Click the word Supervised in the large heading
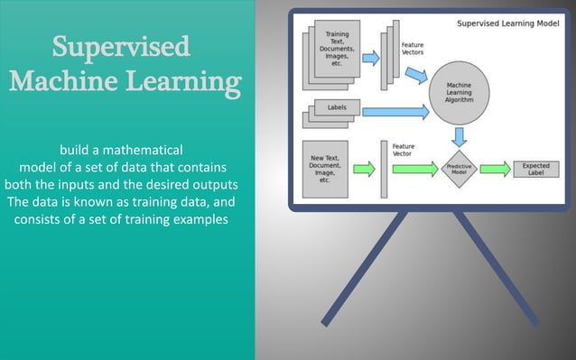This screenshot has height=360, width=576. (121, 46)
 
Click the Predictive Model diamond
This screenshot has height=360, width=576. (460, 169)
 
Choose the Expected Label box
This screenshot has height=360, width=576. (535, 169)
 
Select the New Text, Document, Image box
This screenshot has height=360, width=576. (323, 169)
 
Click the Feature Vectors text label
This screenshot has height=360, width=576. (412, 48)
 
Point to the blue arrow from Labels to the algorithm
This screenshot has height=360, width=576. (394, 113)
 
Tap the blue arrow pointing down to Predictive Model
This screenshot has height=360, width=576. (460, 136)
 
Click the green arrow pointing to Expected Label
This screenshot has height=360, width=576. (495, 169)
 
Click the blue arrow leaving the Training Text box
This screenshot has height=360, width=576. (370, 59)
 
